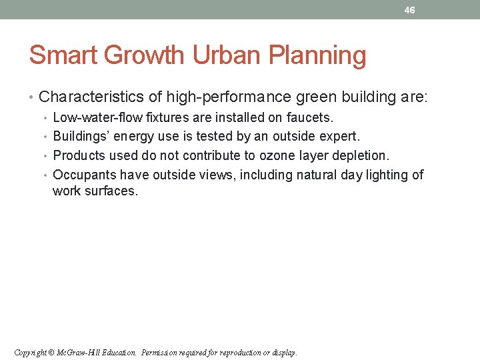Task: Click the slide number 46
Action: pos(409,10)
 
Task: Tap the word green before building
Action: pos(316,97)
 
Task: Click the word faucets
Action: pos(313,118)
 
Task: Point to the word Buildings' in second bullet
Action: pos(81,137)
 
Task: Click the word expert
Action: pos(341,137)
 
